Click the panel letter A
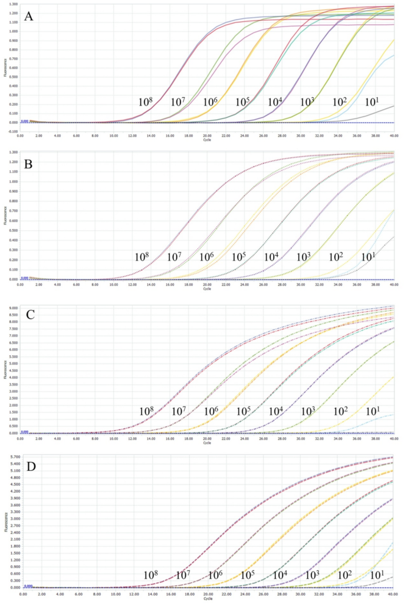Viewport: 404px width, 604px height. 28,17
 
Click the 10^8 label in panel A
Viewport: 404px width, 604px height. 145,102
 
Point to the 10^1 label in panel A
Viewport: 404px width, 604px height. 372,102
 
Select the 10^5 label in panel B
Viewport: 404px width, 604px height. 238,257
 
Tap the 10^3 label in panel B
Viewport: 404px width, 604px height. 303,257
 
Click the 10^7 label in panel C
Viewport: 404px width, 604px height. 178,411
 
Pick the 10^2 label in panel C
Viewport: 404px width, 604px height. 340,411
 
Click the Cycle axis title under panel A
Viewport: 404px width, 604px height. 207,140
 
